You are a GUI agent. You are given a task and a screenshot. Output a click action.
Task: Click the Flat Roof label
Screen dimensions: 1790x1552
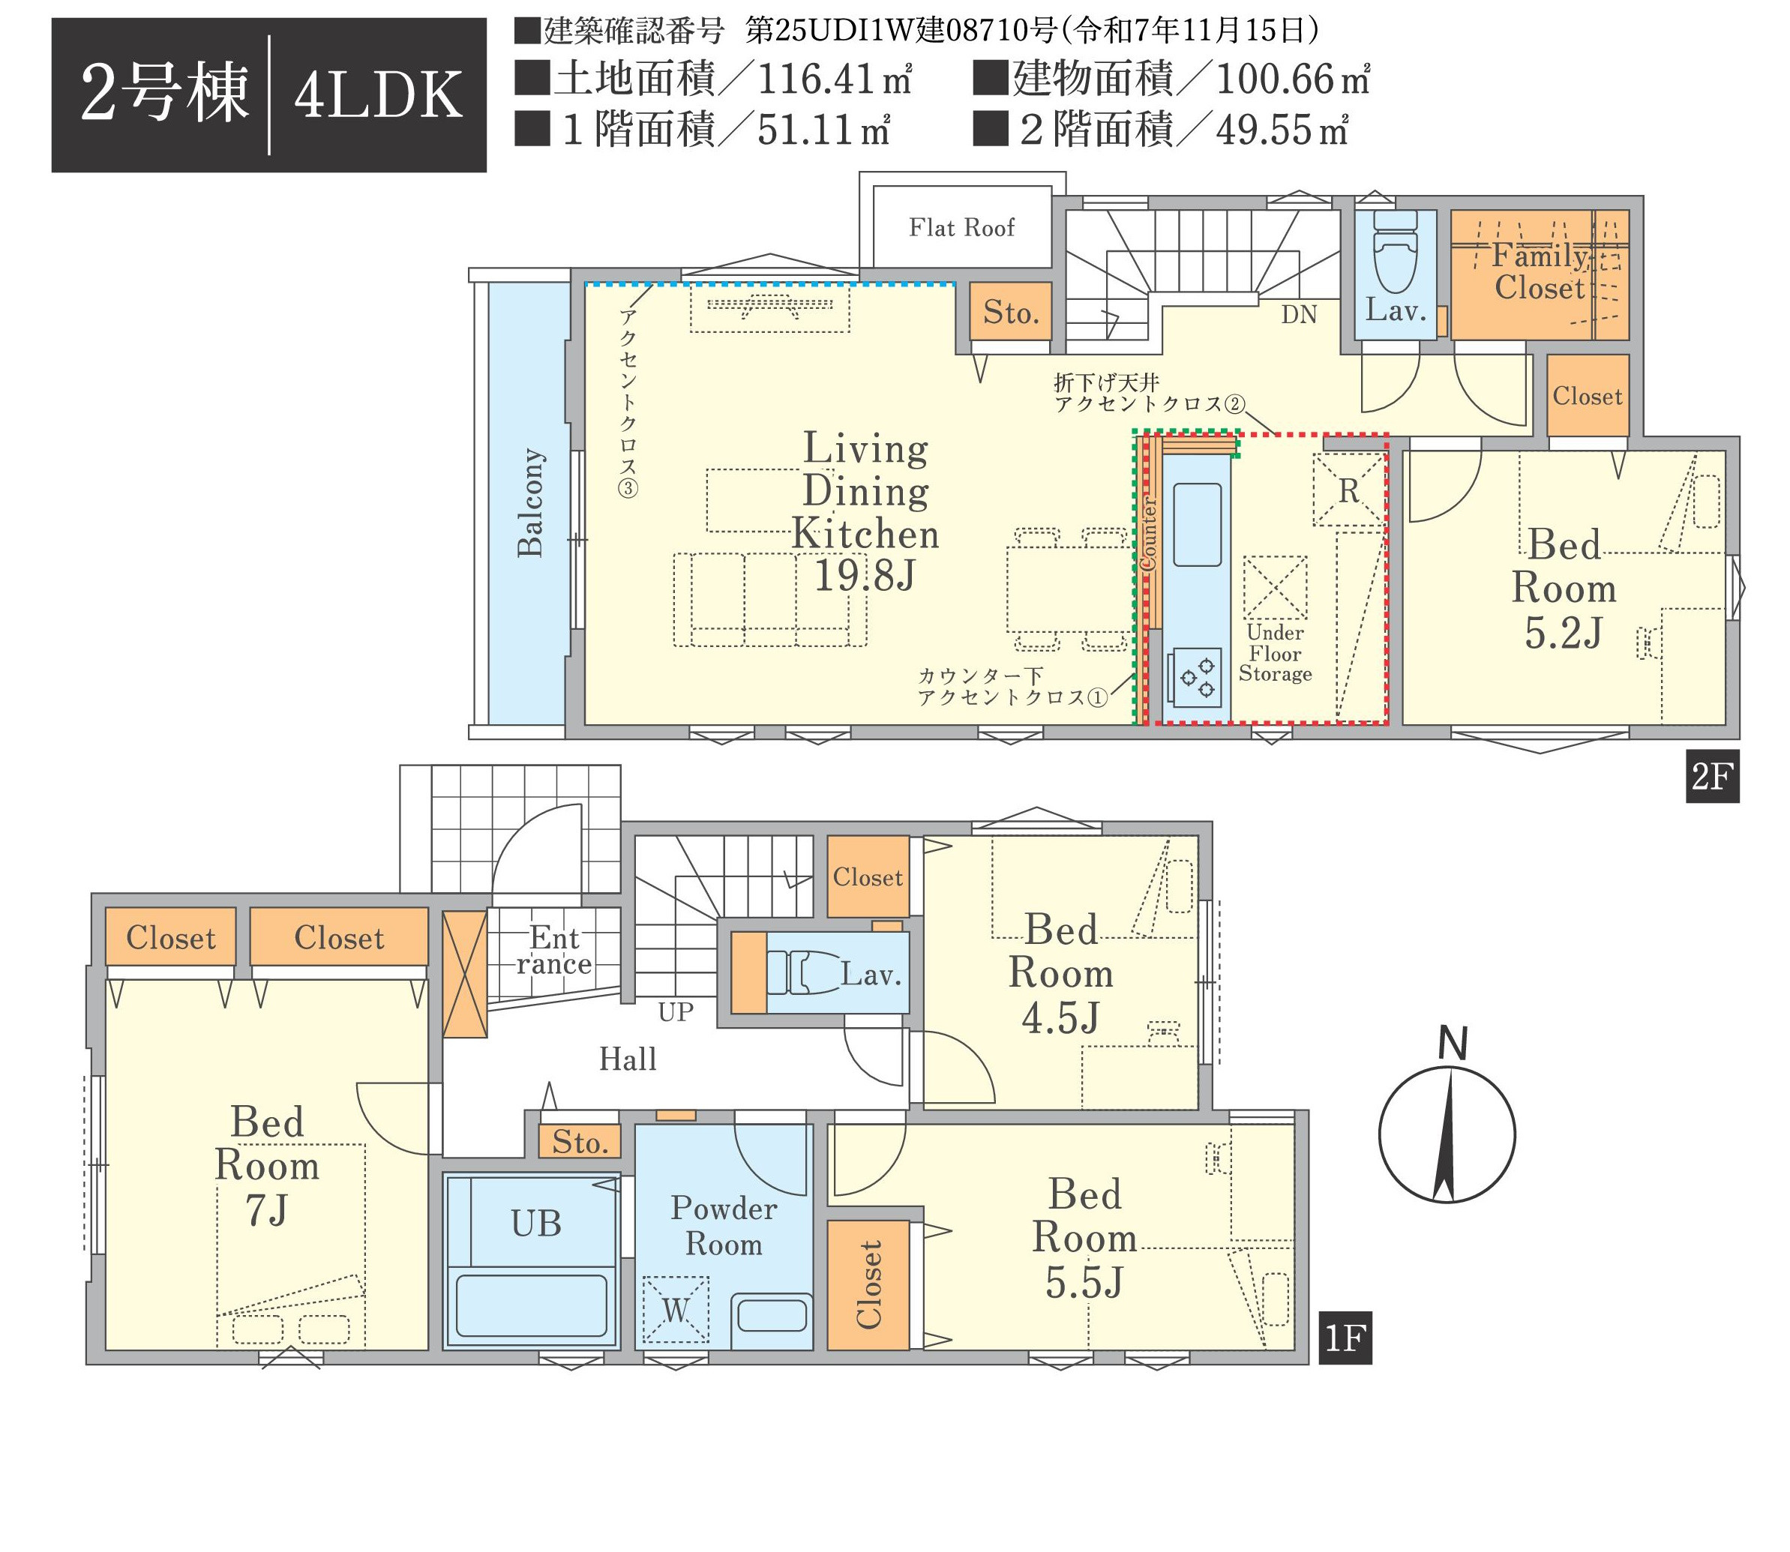[961, 228]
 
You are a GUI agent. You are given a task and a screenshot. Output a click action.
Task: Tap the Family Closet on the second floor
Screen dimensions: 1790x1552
[1539, 274]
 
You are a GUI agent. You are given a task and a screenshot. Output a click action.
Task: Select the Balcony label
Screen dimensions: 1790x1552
[530, 502]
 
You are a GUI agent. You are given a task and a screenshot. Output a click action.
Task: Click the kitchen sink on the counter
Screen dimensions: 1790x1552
[1198, 525]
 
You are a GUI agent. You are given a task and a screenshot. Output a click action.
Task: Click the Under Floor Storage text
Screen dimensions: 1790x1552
[1275, 653]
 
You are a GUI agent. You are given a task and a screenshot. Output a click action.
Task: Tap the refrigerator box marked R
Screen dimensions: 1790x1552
[1348, 490]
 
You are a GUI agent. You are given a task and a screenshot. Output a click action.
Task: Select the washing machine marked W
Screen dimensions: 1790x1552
[676, 1310]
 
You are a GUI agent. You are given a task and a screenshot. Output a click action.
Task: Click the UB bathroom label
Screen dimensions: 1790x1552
[536, 1223]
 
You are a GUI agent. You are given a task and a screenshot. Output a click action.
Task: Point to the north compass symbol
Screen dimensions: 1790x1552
[1447, 1134]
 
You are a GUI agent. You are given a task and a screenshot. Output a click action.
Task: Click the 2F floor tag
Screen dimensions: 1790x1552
[1712, 777]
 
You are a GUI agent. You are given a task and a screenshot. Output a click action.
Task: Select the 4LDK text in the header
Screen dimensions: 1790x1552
[379, 95]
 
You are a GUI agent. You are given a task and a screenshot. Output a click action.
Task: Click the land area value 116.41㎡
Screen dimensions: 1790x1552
[834, 79]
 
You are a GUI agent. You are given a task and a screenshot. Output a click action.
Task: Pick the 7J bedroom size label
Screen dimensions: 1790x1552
[267, 1210]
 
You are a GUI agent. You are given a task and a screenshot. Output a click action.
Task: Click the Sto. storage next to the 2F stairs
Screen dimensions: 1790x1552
[1011, 312]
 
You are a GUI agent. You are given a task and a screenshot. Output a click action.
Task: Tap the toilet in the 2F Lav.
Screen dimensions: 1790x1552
[1395, 250]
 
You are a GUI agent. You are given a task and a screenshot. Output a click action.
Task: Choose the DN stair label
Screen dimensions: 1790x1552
[1299, 314]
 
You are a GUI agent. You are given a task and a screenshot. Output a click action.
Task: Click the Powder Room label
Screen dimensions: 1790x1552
[724, 1227]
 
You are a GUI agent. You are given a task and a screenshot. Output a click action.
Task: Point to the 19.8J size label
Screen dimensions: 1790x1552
[865, 576]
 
